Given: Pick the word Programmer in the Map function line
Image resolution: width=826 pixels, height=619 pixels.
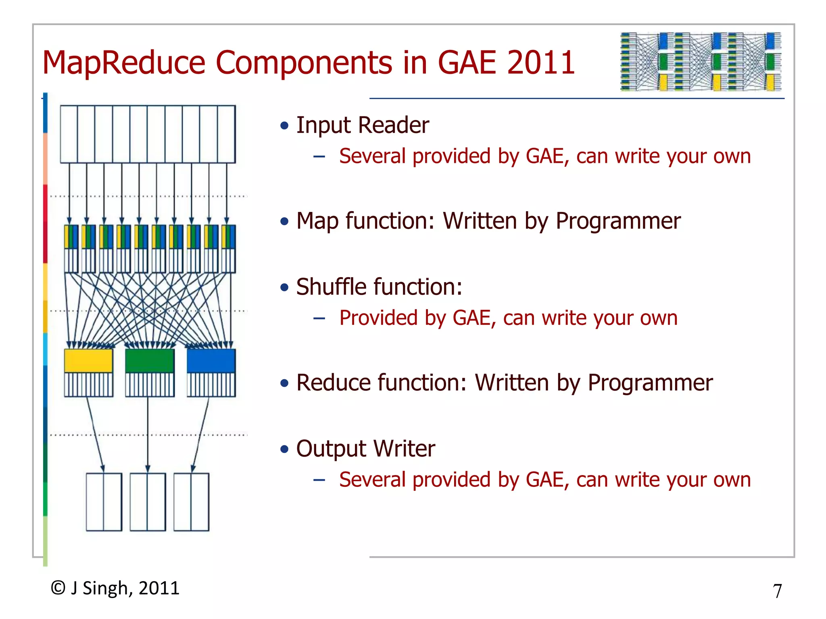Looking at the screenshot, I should pos(618,221).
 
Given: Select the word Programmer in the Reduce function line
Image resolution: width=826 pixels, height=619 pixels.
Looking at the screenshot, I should pos(650,382).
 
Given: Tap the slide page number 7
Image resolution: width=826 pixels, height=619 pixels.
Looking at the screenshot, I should pos(777,591).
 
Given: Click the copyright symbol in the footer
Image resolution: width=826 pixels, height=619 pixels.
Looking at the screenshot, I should pos(58,588).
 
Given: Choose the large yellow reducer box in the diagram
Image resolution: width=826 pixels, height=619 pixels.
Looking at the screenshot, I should pos(88,361).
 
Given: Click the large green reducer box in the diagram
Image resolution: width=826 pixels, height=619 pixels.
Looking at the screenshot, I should pos(150,361).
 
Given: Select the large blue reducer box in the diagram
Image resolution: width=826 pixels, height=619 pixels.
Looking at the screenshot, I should pos(211,361).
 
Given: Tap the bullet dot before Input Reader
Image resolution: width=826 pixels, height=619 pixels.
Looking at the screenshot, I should pos(284,126).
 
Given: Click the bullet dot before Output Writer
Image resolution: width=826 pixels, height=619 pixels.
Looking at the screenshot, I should pos(284,449).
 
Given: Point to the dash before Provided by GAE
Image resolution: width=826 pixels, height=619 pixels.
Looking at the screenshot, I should pos(319,319).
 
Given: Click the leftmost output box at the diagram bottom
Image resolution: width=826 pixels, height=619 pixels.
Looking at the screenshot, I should pos(104,502).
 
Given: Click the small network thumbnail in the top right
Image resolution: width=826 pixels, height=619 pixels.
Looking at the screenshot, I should pos(701,62).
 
